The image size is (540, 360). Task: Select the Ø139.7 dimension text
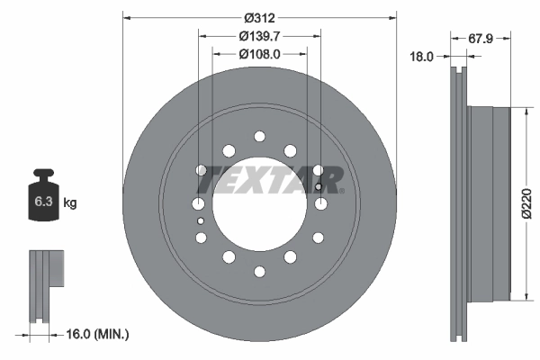259,36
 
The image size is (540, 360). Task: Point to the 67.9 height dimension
483,38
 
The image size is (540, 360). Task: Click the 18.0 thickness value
421,56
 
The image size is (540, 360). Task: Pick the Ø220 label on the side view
531,203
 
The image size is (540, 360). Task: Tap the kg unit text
69,203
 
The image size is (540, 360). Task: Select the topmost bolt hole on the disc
259,136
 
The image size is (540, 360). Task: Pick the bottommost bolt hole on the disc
259,270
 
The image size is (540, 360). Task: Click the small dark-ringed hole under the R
319,187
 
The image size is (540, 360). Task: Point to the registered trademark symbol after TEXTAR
340,190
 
